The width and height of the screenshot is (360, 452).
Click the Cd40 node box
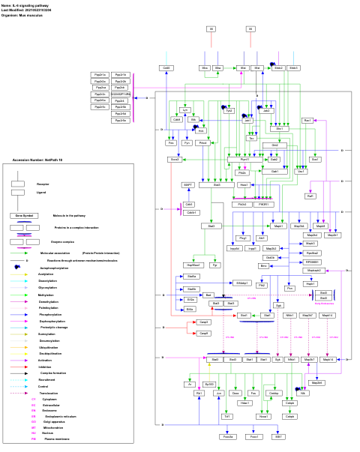click(166, 67)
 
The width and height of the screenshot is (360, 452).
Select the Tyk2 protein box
click(229, 110)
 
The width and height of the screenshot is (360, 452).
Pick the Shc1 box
click(280, 128)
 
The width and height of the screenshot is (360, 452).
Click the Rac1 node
click(307, 120)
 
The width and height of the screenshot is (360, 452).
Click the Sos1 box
click(315, 159)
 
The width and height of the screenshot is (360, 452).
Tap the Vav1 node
click(301, 171)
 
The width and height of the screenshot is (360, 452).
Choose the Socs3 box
click(175, 160)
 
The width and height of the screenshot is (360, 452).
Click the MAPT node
click(188, 184)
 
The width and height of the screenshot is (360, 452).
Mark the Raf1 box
click(310, 196)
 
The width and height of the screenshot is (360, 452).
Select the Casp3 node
click(204, 322)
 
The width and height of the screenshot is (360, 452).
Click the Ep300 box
click(209, 383)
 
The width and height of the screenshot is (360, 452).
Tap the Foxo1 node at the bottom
click(254, 436)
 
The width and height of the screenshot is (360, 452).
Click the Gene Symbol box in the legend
click(24, 215)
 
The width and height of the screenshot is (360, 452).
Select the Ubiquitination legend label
click(49, 347)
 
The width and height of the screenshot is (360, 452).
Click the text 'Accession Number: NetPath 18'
click(37, 160)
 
